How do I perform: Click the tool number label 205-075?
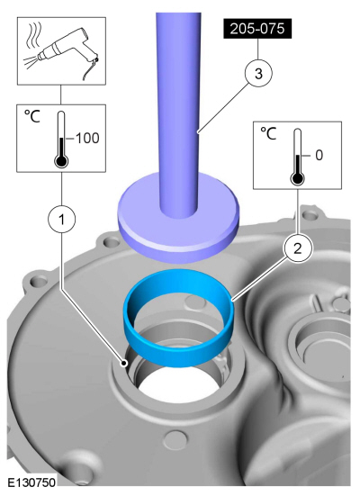(257, 29)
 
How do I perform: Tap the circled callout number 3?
(258, 74)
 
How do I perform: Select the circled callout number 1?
(62, 219)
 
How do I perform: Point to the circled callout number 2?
(298, 248)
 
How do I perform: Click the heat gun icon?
(69, 50)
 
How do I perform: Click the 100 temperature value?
(87, 139)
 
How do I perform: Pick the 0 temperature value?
(319, 155)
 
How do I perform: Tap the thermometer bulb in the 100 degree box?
(61, 161)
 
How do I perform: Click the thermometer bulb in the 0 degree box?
(297, 179)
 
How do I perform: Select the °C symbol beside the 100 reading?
(32, 116)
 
